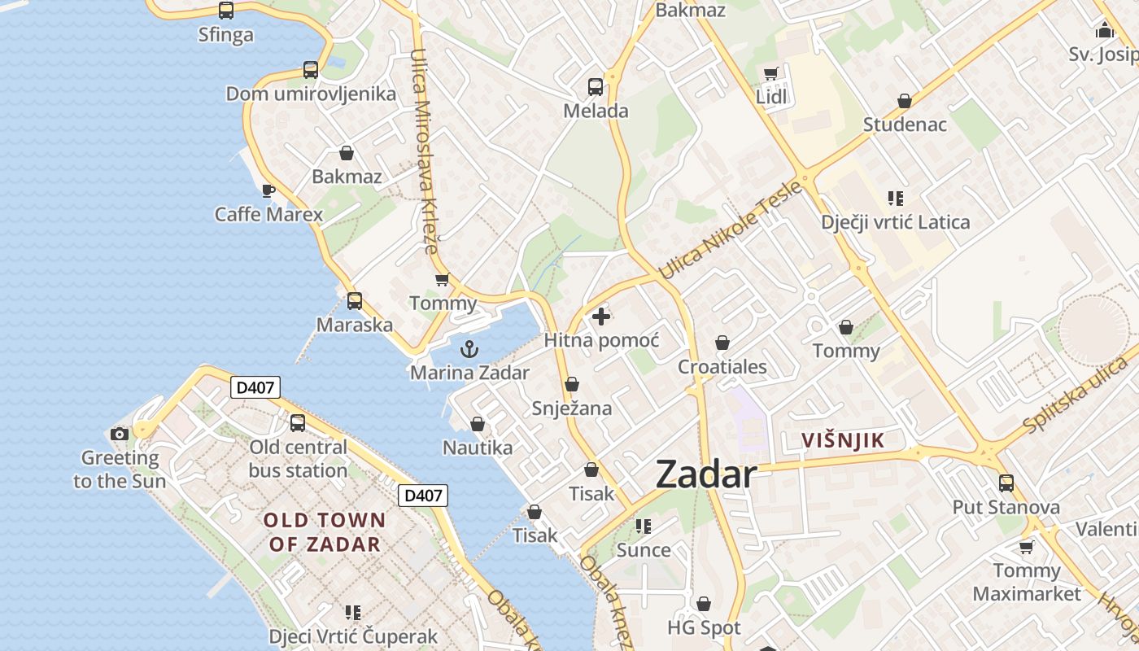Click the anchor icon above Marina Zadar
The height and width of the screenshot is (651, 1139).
point(469,350)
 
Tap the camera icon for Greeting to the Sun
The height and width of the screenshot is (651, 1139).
point(120,434)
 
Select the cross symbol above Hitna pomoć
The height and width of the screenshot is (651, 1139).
point(601,317)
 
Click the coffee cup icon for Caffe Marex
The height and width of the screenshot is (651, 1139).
point(268,191)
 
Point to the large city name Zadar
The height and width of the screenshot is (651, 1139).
point(706,474)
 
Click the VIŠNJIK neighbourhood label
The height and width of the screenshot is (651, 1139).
point(842,441)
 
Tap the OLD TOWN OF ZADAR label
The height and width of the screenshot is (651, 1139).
point(325,532)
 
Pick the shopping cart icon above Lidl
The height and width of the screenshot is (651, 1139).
point(770,74)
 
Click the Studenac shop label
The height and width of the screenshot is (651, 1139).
point(905,125)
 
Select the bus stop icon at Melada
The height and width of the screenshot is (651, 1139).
point(596,87)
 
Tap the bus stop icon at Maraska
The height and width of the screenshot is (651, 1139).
point(355,301)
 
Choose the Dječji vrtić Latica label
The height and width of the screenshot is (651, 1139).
point(895,222)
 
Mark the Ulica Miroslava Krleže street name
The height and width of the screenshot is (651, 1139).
point(425,151)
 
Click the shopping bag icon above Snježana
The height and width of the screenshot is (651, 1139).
point(572,384)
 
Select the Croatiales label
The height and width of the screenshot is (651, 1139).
point(722,367)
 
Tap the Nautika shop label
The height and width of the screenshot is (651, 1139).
point(478,448)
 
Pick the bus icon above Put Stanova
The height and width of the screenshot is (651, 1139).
point(1006,483)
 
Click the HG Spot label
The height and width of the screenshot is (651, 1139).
point(704,627)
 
